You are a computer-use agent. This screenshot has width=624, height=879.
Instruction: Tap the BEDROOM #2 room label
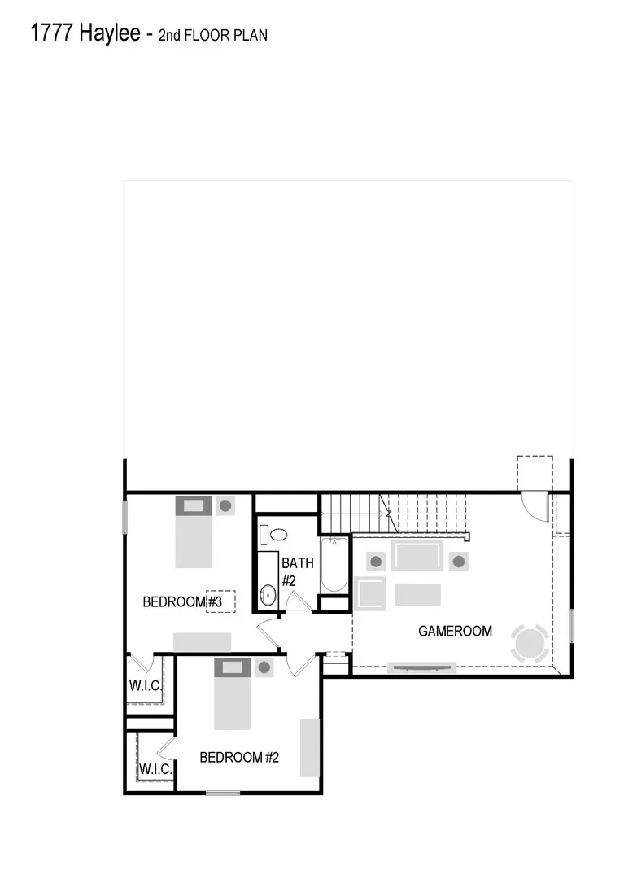pyautogui.click(x=239, y=757)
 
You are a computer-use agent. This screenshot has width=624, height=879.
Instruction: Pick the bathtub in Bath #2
pyautogui.click(x=334, y=565)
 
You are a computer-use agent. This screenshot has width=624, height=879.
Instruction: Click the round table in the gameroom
pyautogui.click(x=529, y=643)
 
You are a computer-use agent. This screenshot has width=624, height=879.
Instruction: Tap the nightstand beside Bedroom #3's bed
pyautogui.click(x=225, y=505)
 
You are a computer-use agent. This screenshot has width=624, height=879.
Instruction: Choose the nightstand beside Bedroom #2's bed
pyautogui.click(x=263, y=668)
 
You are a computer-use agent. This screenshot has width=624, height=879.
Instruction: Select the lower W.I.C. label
pyautogui.click(x=154, y=769)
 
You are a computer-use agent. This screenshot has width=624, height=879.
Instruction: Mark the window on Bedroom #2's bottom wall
pyautogui.click(x=222, y=793)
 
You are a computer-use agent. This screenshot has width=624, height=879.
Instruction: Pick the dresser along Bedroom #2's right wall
pyautogui.click(x=310, y=747)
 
